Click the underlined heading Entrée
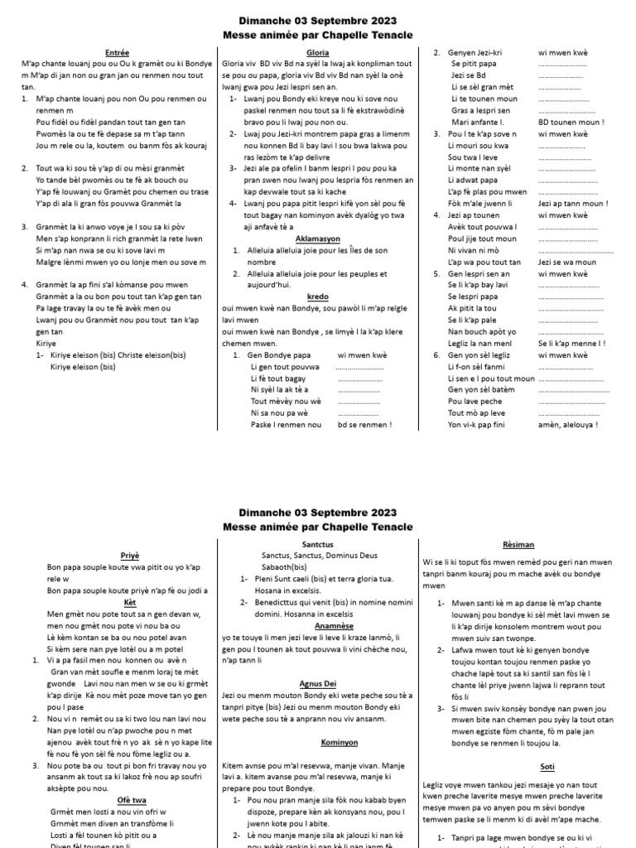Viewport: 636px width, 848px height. point(118,52)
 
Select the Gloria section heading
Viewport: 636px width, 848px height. point(318,52)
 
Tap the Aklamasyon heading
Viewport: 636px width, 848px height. point(318,238)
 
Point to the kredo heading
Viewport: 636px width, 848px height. point(318,296)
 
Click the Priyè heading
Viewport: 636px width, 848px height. point(118,556)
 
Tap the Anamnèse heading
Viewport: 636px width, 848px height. point(318,627)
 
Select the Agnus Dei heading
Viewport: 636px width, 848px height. point(318,684)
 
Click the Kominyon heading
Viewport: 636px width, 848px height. point(318,741)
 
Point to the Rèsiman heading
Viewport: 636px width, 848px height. point(518,544)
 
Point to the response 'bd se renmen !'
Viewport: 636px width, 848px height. point(364,424)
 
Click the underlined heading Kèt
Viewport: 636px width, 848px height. point(118,602)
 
